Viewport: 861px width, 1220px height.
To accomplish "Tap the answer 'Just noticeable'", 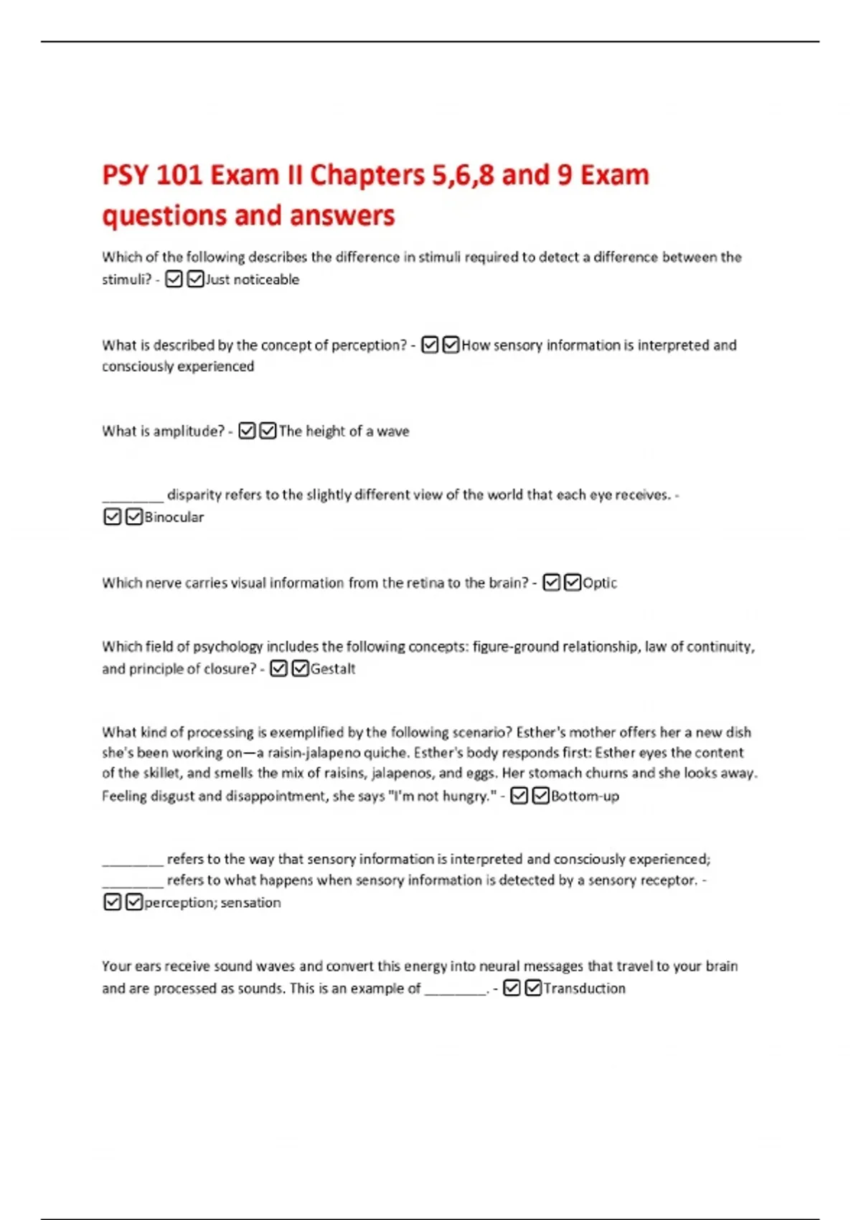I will point(253,280).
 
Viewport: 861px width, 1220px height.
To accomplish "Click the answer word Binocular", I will point(174,517).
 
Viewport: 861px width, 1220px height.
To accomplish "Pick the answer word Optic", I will point(600,583).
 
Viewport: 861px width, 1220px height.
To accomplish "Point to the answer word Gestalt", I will point(333,669).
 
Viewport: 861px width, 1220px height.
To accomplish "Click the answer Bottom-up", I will point(585,796).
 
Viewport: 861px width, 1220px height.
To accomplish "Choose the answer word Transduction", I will point(584,988).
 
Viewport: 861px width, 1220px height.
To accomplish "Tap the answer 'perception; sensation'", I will point(212,903).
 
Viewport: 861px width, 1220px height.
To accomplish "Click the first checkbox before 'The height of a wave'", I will point(247,431).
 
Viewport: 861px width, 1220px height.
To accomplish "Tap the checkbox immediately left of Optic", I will point(573,583).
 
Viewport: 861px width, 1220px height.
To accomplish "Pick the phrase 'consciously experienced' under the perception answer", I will point(178,367).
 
